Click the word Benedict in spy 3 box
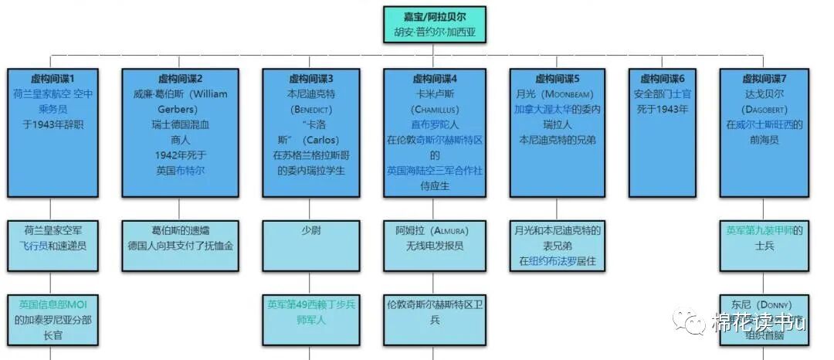[310, 109]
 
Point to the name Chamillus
[435, 109]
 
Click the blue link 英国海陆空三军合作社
[435, 170]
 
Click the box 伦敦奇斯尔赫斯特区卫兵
[435, 311]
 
